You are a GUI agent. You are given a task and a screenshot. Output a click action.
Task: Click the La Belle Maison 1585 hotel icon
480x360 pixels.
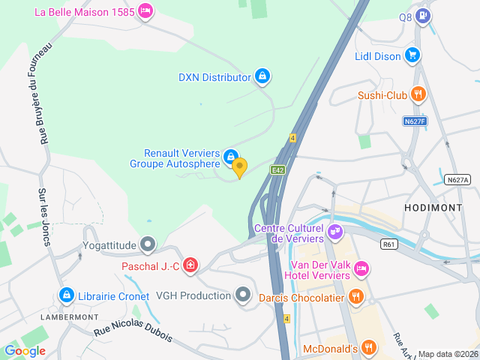point(145,11)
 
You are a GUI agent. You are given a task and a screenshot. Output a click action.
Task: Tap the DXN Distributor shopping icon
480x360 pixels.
point(262,76)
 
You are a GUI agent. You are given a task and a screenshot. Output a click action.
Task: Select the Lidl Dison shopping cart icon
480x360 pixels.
point(412,55)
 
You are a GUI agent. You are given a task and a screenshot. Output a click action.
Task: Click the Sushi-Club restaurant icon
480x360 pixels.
point(418,94)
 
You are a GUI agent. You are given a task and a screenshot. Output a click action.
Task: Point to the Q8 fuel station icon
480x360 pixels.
point(424,15)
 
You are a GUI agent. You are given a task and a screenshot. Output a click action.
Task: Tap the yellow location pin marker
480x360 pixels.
point(239,167)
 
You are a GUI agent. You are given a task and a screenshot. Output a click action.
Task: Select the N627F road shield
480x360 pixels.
point(414,121)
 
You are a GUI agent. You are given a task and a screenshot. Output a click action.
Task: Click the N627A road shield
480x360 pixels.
point(457,180)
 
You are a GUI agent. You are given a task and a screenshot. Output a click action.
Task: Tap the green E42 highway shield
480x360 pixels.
point(277,169)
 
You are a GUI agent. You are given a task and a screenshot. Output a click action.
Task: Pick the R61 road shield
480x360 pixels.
point(388,244)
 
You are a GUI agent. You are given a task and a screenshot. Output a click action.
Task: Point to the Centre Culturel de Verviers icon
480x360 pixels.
point(335,232)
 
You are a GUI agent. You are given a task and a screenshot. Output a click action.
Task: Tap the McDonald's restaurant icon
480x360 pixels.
point(368,347)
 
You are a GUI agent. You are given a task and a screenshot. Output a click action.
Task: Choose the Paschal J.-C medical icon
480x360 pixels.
point(190,265)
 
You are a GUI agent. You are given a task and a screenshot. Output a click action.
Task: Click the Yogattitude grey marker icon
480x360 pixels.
point(148,244)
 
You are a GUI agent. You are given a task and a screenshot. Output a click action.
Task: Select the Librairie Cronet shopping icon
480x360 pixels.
point(67,295)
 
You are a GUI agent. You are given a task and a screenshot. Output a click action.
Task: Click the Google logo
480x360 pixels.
point(25,350)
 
